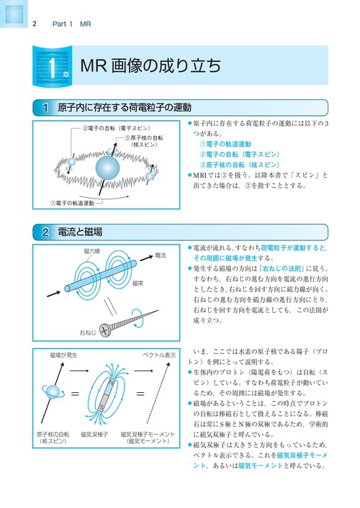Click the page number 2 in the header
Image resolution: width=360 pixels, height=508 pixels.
[x=35, y=24]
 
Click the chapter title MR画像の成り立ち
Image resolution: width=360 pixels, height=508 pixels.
[x=149, y=67]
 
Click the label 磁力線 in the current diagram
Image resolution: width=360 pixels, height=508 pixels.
[x=92, y=251]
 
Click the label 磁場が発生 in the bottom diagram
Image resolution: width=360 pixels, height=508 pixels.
[x=65, y=356]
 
